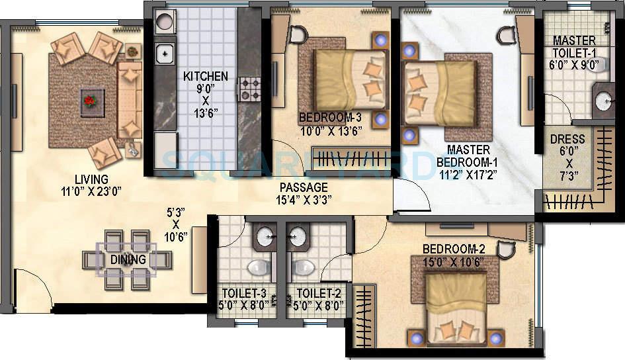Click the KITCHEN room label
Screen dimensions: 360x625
pos(206,76)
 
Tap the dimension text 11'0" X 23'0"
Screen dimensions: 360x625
pos(92,193)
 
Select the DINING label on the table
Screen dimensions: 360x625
pos(128,259)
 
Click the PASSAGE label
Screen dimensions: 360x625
pos(303,187)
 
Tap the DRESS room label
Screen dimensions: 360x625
pos(567,139)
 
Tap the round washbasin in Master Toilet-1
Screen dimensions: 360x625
pos(604,101)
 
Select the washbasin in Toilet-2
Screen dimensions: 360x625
pos(298,235)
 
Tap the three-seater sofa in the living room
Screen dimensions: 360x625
pos(129,96)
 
